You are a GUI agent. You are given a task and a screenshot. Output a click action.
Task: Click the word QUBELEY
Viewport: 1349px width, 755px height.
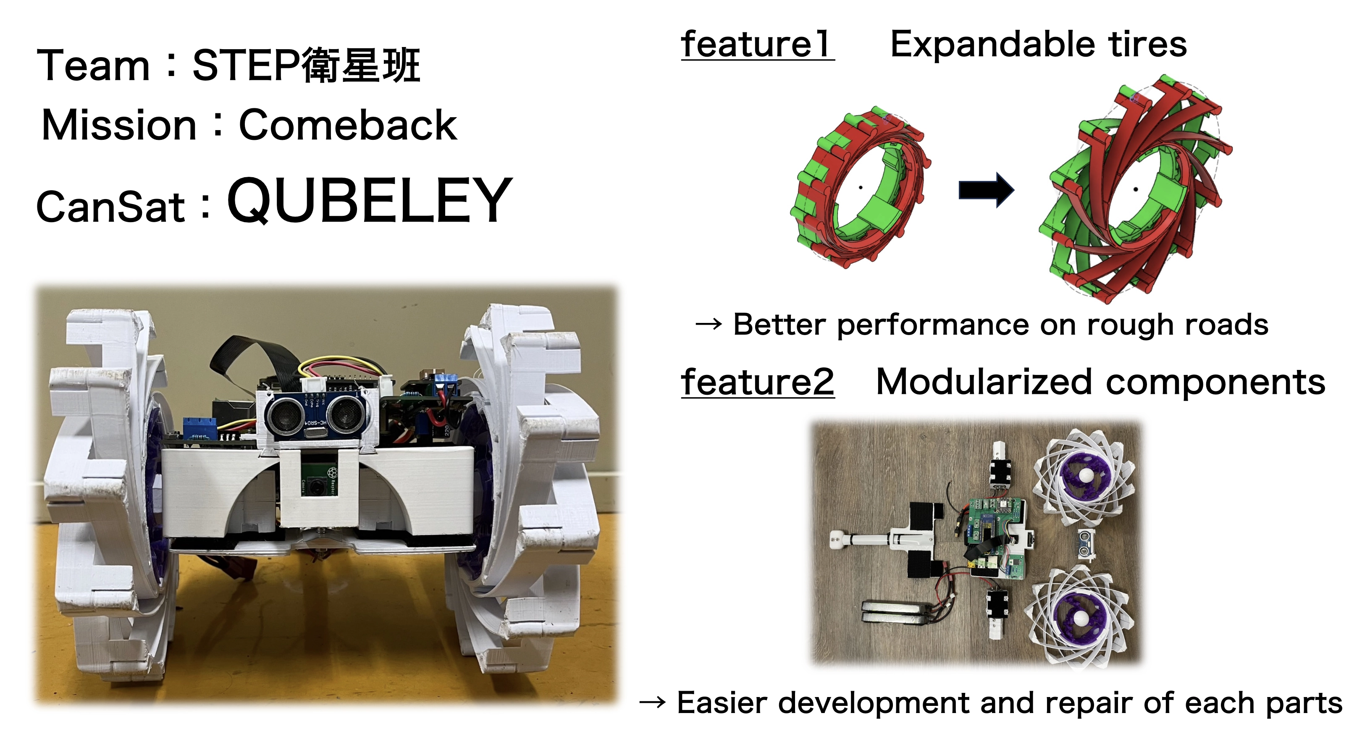pyautogui.click(x=370, y=201)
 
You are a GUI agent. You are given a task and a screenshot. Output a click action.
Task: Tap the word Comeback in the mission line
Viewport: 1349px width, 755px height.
pyautogui.click(x=348, y=125)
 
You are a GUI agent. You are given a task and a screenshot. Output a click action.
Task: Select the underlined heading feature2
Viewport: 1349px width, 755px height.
pyautogui.click(x=757, y=382)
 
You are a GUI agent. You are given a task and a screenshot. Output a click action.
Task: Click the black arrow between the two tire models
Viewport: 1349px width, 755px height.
pyautogui.click(x=986, y=190)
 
